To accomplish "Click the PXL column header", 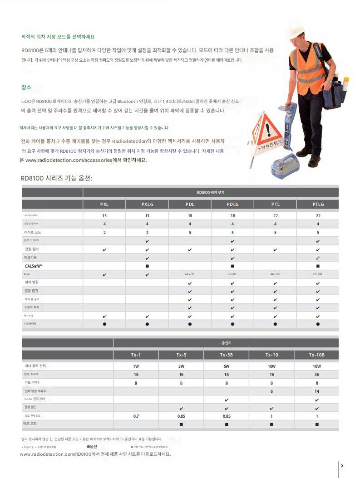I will (x=104, y=204).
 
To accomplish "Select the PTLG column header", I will (x=318, y=204).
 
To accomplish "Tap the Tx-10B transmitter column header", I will (x=317, y=355).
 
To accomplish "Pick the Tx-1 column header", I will (x=136, y=355).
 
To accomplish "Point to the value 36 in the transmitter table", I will (x=317, y=375).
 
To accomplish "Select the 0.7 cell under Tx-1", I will (x=136, y=416).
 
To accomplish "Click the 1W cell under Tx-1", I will (x=136, y=366).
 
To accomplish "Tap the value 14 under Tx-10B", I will (x=317, y=391).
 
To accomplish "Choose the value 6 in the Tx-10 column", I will (x=271, y=391).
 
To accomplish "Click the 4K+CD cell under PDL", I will (x=190, y=274).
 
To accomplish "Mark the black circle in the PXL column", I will (x=104, y=324).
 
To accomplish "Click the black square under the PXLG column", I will (x=147, y=266).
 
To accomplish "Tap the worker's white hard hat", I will (x=295, y=30).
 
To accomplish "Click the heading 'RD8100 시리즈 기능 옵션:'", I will (x=56, y=178).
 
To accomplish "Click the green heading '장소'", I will (x=26, y=87).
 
